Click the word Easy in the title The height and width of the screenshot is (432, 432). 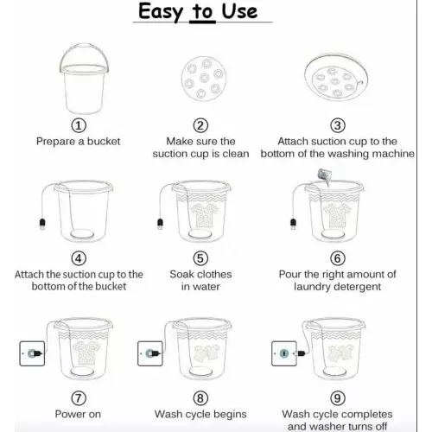point(161,12)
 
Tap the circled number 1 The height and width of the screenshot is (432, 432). point(79,125)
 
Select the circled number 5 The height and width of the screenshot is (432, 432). point(200,258)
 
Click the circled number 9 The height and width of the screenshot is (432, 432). point(338,398)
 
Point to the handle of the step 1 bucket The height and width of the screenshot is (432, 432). point(85,46)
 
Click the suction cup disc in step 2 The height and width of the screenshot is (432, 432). point(204,79)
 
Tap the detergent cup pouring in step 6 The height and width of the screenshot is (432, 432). point(325,175)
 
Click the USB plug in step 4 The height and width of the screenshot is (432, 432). point(42,224)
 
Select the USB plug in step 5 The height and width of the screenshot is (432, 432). point(160,224)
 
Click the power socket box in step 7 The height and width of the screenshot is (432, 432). point(32,353)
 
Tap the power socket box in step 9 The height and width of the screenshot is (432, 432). point(284,353)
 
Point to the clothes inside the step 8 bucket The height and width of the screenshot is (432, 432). point(206,353)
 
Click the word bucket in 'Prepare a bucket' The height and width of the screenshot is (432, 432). point(104,142)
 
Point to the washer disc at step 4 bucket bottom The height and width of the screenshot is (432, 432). point(82,234)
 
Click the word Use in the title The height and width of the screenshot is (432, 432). point(239,12)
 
